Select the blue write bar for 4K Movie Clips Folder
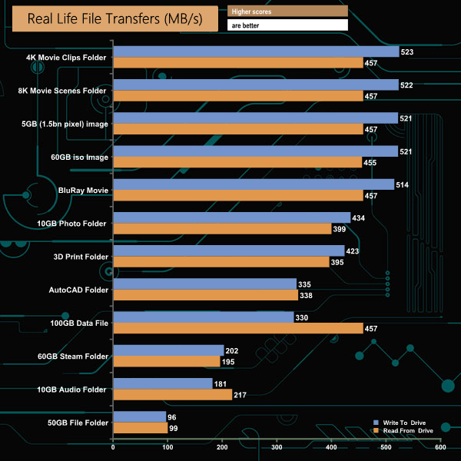pos(256,51)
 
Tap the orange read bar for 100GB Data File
pos(237,328)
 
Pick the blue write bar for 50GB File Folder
pos(139,416)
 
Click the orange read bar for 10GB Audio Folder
pos(172,394)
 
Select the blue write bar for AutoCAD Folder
pos(204,284)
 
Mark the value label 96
pos(173,416)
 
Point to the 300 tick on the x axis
pos(277,448)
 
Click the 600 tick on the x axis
pos(440,448)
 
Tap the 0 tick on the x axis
pos(113,448)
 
